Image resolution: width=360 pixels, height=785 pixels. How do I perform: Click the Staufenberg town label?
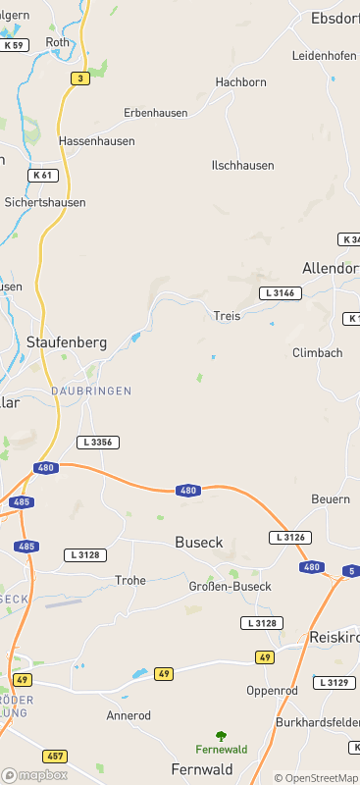(66, 342)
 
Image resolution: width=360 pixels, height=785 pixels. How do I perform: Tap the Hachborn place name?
(240, 82)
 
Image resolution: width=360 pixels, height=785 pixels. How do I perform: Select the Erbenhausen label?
(155, 113)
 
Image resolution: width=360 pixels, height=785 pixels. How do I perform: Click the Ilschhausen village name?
(242, 166)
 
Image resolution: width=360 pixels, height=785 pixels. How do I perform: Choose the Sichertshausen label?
(45, 202)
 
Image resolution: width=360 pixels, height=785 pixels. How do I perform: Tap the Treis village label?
(227, 316)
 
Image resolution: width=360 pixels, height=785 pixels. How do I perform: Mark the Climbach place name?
(317, 352)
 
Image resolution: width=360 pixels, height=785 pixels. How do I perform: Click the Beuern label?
(331, 499)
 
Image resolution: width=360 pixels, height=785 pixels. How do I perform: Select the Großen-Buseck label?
(229, 587)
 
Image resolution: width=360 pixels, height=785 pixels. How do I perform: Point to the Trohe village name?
(130, 581)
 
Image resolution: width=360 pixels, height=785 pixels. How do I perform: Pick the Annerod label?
(129, 716)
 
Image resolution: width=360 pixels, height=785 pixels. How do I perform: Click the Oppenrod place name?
(272, 691)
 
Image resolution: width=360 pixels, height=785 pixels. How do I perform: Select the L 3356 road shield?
(100, 443)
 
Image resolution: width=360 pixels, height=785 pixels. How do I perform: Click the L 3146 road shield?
(280, 293)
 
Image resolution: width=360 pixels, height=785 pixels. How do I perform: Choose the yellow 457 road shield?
(55, 757)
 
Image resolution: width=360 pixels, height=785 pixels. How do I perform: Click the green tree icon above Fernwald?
(222, 734)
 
